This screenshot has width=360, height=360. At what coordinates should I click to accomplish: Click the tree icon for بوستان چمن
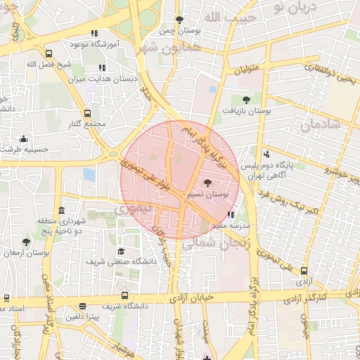click(x=179, y=20)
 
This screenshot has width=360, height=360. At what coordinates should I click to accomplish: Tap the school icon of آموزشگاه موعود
click(x=95, y=33)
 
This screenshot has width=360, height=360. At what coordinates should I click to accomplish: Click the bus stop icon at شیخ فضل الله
click(x=49, y=53)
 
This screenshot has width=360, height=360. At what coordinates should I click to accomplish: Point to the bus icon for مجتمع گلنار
click(x=88, y=113)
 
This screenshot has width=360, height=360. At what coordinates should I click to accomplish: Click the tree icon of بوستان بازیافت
click(x=245, y=100)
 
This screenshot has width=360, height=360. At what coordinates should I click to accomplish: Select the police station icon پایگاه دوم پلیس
click(x=266, y=155)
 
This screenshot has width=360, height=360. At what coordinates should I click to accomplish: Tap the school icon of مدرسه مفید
click(x=231, y=215)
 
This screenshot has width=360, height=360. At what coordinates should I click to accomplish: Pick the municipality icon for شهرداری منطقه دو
click(x=62, y=210)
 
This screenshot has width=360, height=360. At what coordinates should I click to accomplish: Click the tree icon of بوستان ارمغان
click(x=26, y=242)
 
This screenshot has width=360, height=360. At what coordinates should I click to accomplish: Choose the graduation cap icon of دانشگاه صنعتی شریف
click(x=121, y=251)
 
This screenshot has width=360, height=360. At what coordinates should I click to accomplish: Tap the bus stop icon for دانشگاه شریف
click(x=124, y=295)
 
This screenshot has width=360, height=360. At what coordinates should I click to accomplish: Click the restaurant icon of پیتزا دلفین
click(x=84, y=307)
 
